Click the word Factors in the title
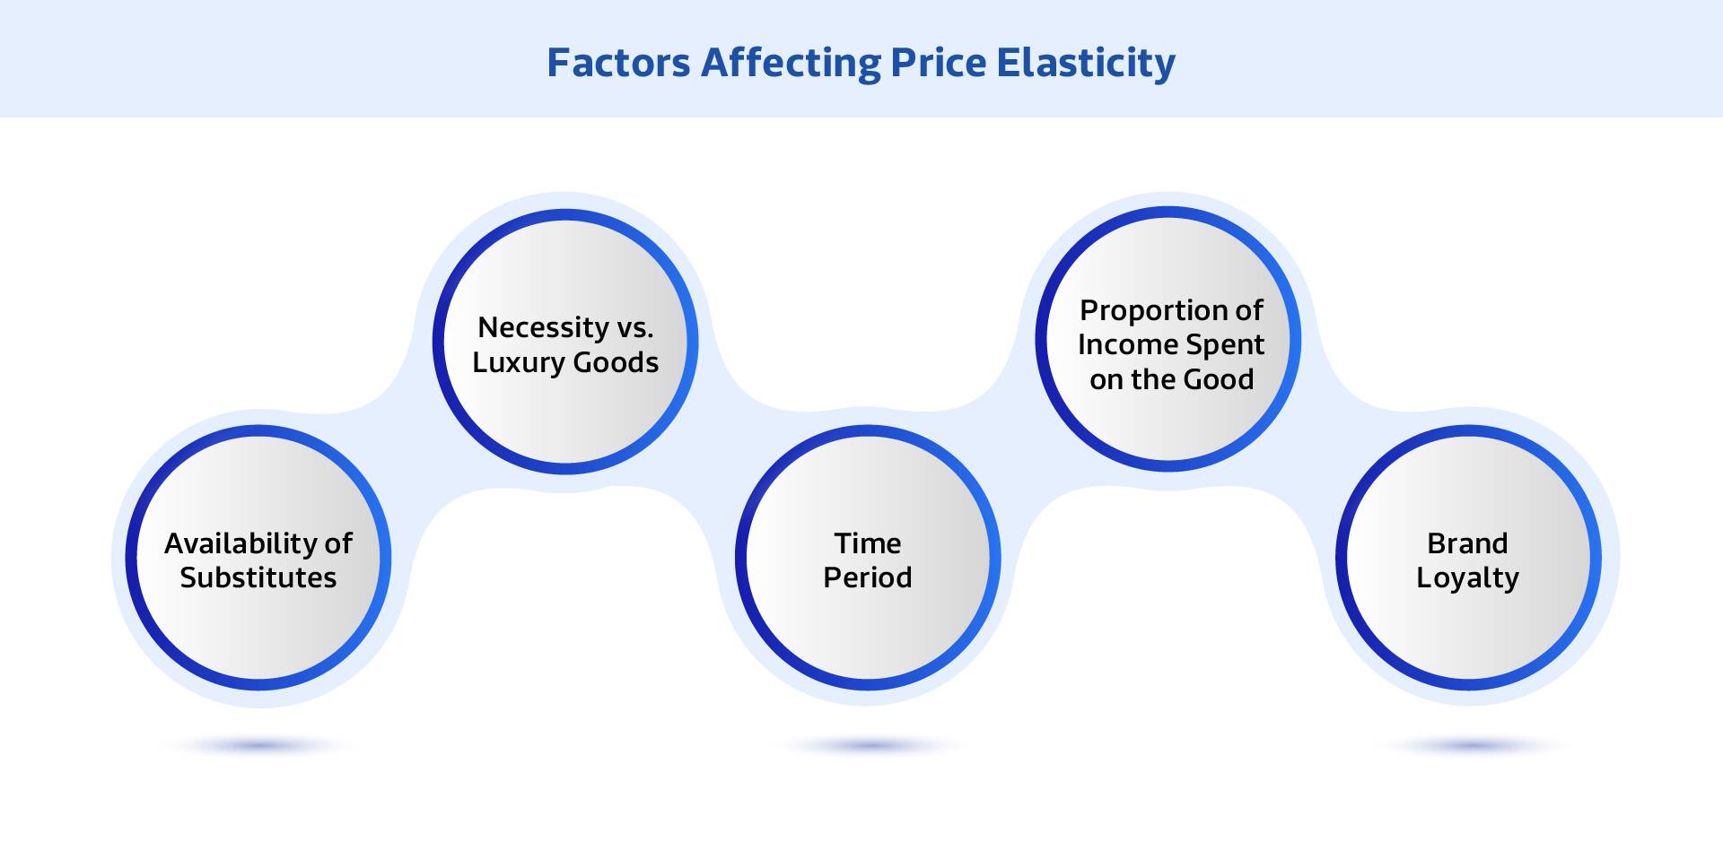point(618,63)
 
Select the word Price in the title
point(938,63)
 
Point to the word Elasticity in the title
point(1086,63)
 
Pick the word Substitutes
point(258,577)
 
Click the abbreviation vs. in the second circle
point(635,327)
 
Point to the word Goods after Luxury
point(616,362)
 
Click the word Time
point(868,543)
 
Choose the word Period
point(868,577)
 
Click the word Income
point(1127,344)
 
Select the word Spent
point(1225,345)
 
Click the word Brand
point(1467,543)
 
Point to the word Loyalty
point(1467,578)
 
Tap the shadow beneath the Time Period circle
point(868,745)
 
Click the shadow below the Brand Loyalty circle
point(1469,745)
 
